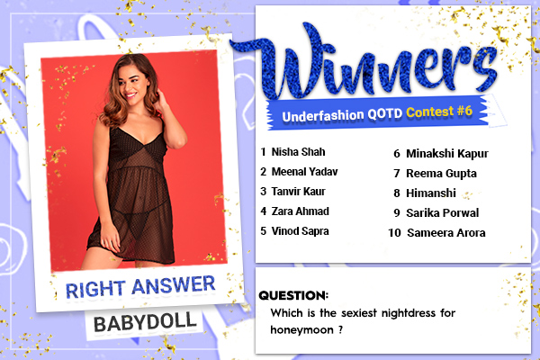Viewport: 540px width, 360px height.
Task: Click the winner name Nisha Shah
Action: (298, 152)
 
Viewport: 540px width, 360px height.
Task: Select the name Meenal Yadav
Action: (305, 172)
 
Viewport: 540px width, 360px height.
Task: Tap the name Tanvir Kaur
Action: (298, 192)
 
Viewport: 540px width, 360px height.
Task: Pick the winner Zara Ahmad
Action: (301, 211)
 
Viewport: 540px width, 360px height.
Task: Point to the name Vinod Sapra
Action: (301, 231)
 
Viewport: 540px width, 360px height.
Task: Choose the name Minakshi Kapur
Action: (447, 154)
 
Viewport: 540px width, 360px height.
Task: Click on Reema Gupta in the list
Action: (442, 174)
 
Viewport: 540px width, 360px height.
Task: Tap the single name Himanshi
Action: (431, 193)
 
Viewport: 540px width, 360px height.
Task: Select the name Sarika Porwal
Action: (443, 213)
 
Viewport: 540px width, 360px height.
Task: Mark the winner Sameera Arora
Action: (446, 233)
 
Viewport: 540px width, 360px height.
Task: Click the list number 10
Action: (395, 233)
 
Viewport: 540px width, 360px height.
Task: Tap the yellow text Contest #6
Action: (439, 112)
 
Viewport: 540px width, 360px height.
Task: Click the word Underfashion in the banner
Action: (323, 116)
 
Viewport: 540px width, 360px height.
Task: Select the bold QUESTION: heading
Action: (293, 295)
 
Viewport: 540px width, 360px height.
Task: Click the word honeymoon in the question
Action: (302, 330)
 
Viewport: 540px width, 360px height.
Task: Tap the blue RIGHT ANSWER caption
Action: (140, 286)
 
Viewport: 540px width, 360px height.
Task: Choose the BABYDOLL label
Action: (145, 323)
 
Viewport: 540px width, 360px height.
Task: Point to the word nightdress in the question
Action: (409, 313)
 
